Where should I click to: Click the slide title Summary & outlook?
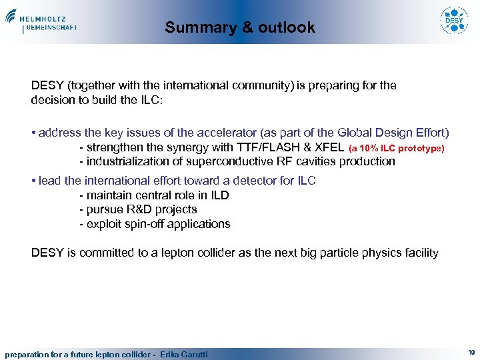(240, 27)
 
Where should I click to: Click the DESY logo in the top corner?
(453, 21)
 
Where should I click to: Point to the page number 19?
(471, 353)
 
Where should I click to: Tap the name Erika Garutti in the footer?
(183, 354)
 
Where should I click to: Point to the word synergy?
(169, 147)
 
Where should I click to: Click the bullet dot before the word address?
(33, 133)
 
